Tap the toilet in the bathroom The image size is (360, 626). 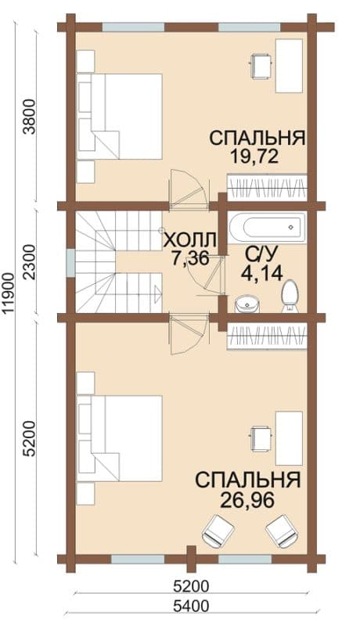[x=290, y=296]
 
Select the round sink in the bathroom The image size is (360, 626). [x=247, y=304]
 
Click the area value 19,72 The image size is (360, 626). [x=254, y=156]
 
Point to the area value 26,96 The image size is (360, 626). [x=247, y=499]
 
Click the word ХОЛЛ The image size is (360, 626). [x=190, y=241]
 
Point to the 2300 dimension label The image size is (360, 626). [x=30, y=263]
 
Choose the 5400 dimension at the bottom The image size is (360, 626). [x=191, y=606]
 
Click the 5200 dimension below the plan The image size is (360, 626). [x=191, y=586]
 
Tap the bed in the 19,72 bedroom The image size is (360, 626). [x=120, y=116]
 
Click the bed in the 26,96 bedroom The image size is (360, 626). [x=120, y=438]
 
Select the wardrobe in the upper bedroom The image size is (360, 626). [x=267, y=188]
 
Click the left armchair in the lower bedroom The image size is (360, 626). [x=218, y=530]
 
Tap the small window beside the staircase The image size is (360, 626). [x=70, y=262]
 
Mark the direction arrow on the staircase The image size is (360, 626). [x=157, y=294]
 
